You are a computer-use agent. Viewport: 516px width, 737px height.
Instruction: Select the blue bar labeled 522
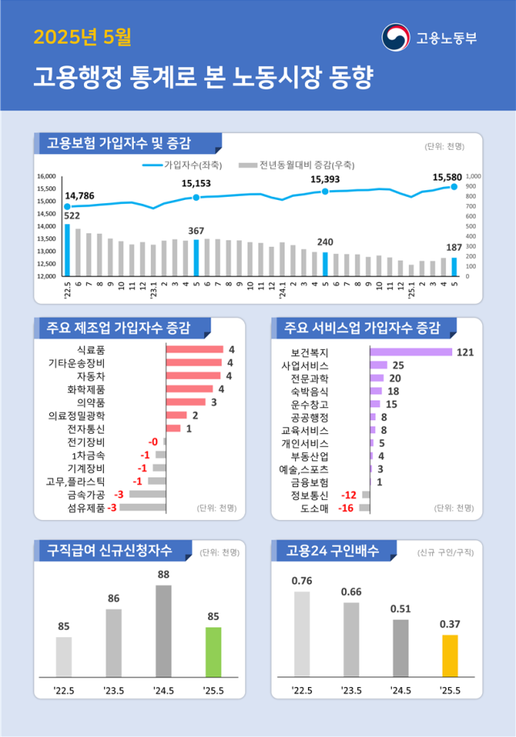68,250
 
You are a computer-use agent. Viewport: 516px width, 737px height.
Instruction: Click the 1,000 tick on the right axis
473,176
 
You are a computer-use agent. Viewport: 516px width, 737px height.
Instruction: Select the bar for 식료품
194,350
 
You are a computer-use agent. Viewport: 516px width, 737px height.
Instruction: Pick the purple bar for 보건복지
410,352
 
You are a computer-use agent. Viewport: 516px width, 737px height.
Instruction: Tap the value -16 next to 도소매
347,508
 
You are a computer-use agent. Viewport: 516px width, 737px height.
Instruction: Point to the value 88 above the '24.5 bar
163,575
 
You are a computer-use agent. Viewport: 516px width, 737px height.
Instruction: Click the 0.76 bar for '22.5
302,633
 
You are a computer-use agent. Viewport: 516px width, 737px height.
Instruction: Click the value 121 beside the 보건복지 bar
464,352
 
